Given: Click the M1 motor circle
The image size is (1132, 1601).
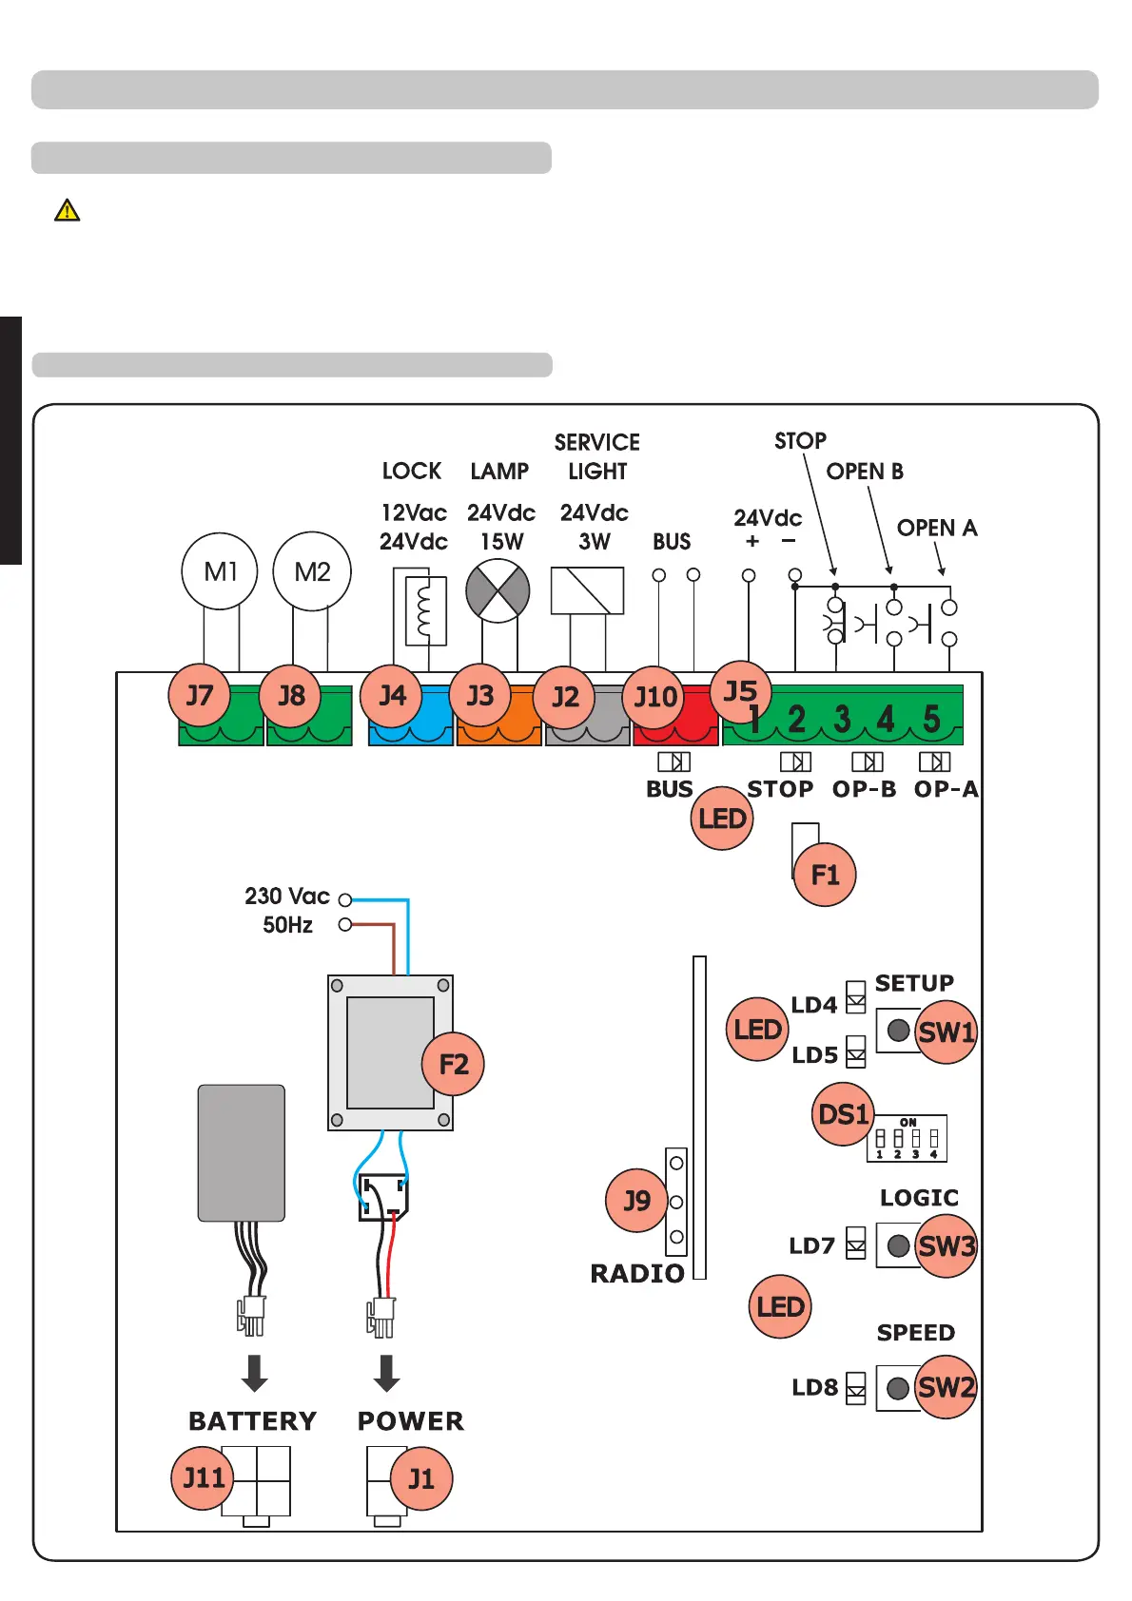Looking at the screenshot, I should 220,571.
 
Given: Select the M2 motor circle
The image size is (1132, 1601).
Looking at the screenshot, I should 312,571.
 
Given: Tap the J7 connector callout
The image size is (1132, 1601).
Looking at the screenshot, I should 200,695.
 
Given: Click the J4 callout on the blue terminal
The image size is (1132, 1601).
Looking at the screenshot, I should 392,695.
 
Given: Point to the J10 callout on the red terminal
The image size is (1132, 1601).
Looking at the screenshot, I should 655,697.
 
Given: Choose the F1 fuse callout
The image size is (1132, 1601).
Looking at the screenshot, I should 825,875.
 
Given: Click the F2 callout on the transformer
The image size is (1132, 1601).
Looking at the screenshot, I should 453,1064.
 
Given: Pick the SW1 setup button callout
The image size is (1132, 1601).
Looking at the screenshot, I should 946,1032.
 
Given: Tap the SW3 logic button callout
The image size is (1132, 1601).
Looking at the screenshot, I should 946,1245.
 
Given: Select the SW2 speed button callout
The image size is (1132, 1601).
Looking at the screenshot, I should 946,1387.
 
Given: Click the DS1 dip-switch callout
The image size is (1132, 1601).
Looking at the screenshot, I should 843,1113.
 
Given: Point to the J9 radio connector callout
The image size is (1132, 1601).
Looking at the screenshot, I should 637,1201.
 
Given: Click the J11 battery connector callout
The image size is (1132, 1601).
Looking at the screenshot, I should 203,1477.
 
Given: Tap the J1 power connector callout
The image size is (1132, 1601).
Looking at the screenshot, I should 420,1478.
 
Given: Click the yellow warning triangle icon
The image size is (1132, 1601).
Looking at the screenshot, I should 68,210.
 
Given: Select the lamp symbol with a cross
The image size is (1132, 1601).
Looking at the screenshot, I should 498,590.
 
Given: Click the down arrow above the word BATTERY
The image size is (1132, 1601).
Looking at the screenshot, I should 254,1373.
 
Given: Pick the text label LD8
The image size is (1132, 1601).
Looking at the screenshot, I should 814,1388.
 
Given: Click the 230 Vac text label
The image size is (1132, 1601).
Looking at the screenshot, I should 286,897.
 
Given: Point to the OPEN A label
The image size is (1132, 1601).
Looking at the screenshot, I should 937,529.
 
